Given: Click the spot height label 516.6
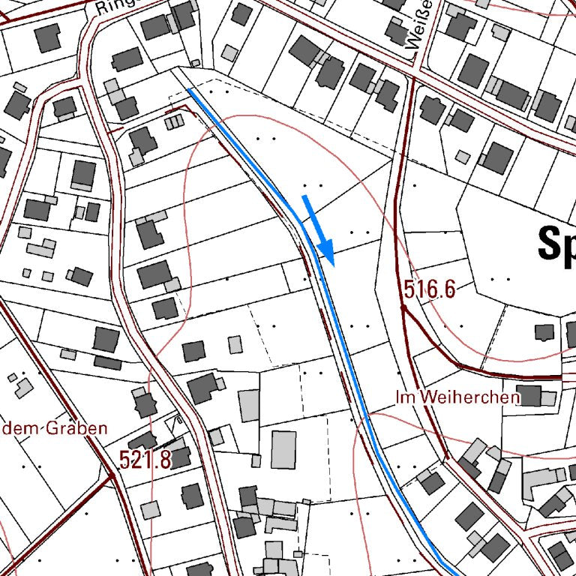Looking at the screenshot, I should pyautogui.click(x=430, y=289).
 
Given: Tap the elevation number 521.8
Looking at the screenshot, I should pyautogui.click(x=145, y=459).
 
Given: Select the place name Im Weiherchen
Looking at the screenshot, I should pyautogui.click(x=458, y=397).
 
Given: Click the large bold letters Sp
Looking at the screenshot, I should pyautogui.click(x=556, y=244).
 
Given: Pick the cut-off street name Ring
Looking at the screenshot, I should pyautogui.click(x=113, y=7).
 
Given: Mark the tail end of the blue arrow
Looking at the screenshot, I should pyautogui.click(x=304, y=196).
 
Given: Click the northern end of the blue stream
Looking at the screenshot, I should pyautogui.click(x=189, y=90).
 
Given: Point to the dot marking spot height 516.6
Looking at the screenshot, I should pyautogui.click(x=403, y=306).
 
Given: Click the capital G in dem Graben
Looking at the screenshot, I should pyautogui.click(x=52, y=428).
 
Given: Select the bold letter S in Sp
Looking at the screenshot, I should pyautogui.click(x=550, y=244).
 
